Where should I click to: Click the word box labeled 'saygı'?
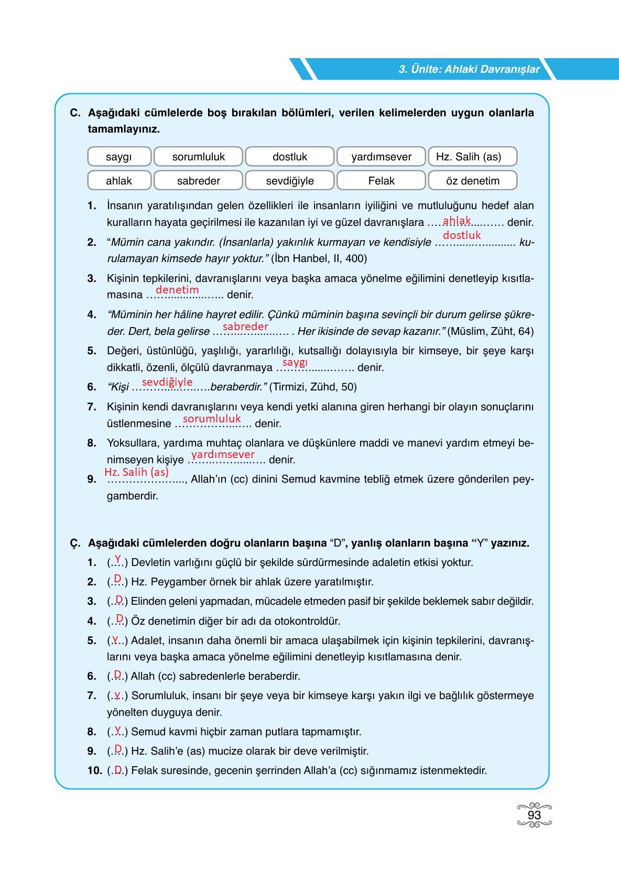119,157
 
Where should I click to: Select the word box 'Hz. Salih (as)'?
472,157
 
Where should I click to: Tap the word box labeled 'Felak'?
381,181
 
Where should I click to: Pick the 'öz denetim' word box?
472,181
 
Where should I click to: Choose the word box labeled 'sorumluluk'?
198,157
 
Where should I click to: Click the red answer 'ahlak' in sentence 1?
457,220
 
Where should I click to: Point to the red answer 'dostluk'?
461,235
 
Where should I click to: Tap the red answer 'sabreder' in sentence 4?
245,326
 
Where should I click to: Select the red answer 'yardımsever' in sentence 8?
223,454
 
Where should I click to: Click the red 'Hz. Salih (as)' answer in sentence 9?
136,472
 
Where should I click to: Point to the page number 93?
534,815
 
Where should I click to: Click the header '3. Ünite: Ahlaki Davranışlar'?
469,69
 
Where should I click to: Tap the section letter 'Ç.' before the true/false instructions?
75,543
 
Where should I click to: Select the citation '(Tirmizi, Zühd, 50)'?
313,387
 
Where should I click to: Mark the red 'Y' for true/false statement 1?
117,559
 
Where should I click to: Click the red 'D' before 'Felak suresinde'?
118,769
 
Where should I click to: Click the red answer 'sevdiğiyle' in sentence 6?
167,382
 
